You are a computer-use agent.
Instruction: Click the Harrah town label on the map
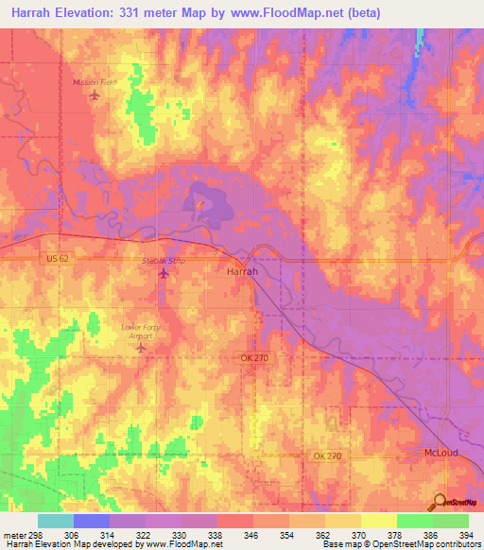point(242,270)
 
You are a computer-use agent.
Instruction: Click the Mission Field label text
point(95,82)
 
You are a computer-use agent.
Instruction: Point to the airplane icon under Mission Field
point(94,95)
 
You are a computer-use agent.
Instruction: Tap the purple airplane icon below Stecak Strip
point(164,274)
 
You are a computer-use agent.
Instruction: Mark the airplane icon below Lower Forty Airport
point(142,349)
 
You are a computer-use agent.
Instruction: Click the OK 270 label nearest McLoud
point(326,456)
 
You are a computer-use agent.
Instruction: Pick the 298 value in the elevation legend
point(40,534)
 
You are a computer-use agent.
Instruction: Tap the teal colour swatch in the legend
point(56,521)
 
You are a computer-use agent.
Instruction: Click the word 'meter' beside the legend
point(13,534)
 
